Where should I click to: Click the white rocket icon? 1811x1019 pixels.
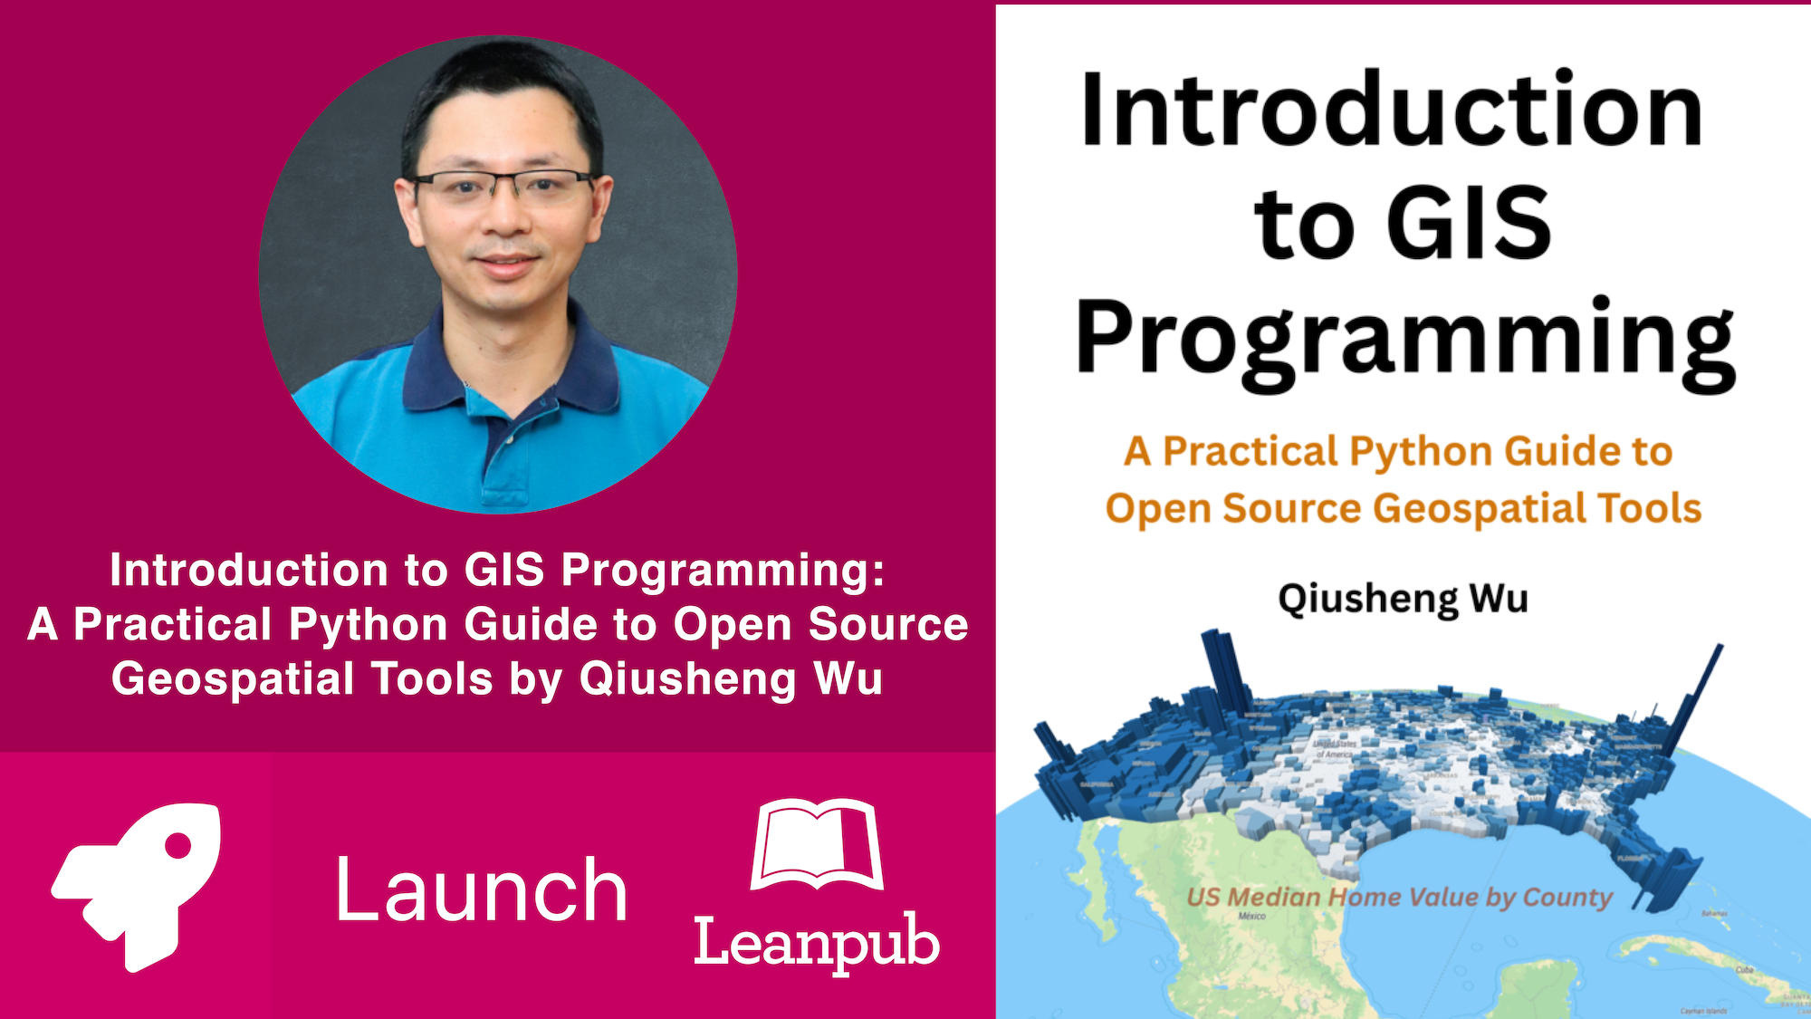(x=136, y=883)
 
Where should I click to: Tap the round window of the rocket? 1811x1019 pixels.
(x=178, y=845)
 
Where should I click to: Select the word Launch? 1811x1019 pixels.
(x=481, y=891)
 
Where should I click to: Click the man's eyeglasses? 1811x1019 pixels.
(x=503, y=187)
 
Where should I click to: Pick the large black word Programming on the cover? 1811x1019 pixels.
(x=1404, y=340)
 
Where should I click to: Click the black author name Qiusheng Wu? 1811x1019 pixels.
(x=1403, y=599)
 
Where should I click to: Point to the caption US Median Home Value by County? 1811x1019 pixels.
(x=1399, y=897)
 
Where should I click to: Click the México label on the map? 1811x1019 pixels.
(x=1251, y=917)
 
